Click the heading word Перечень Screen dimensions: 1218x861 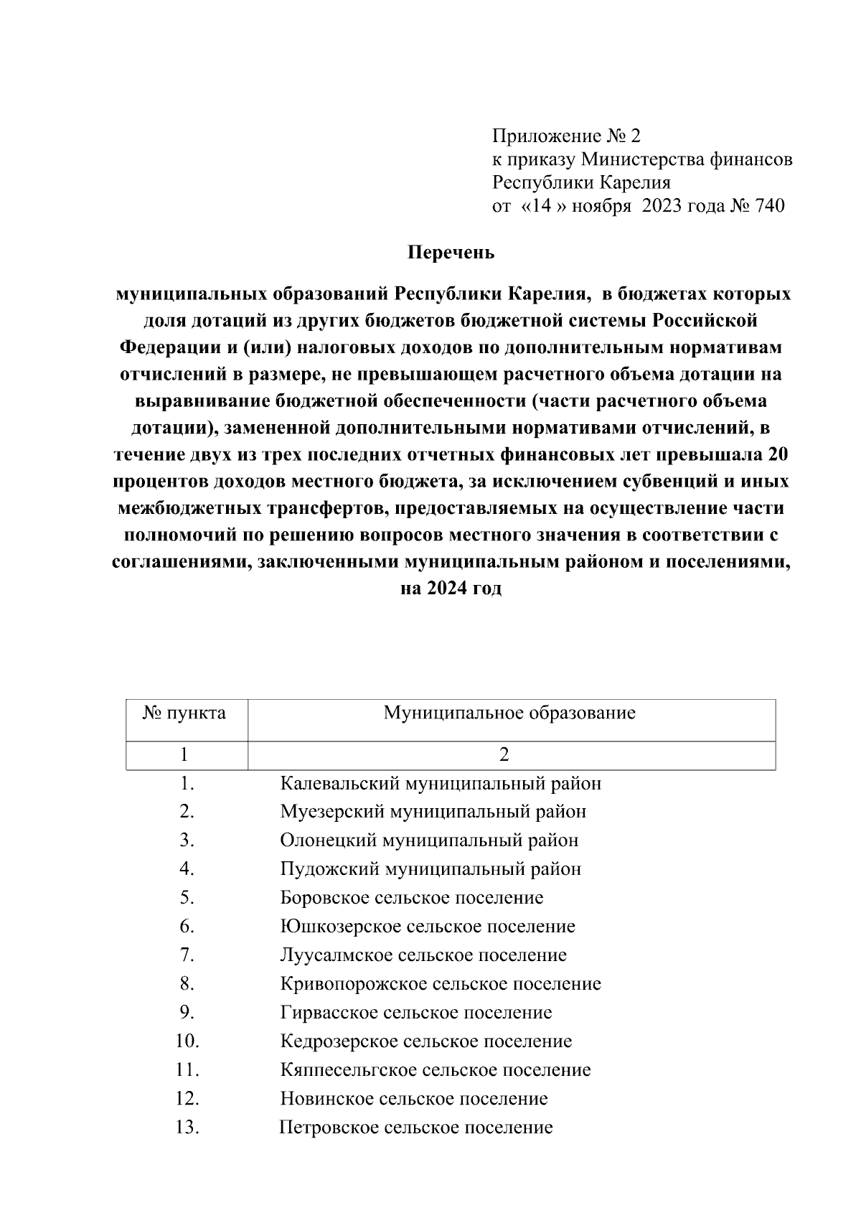point(451,253)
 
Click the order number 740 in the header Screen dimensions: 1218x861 point(766,206)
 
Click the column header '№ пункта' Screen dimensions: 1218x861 point(185,713)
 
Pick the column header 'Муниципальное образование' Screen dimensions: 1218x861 point(509,713)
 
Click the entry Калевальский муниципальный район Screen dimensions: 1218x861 point(441,783)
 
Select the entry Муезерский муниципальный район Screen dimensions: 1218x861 point(433,812)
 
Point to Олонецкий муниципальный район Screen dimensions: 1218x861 point(429,840)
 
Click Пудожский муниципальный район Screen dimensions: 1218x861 point(430,869)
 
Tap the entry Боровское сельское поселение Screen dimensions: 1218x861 point(412,898)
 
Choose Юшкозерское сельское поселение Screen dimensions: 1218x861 point(428,927)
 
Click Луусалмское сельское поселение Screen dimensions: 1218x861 point(423,955)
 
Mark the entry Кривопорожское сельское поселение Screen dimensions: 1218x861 point(441,984)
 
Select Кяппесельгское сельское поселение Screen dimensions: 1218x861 point(436,1070)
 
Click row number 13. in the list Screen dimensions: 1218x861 point(187,1128)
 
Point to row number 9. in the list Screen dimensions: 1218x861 point(187,1013)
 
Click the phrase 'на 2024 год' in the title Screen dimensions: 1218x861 point(451,589)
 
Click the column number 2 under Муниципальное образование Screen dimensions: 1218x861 point(504,755)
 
